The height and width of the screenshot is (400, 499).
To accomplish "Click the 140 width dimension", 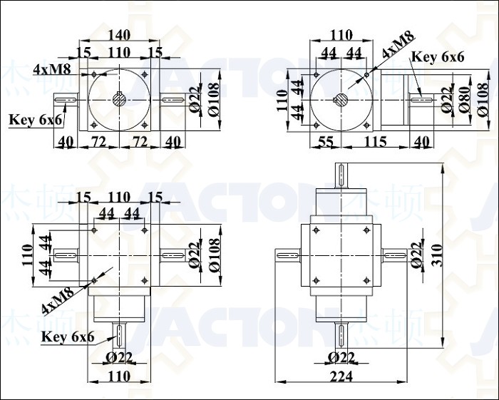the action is (x=119, y=35).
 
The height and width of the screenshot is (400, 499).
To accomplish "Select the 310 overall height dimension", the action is (x=438, y=255).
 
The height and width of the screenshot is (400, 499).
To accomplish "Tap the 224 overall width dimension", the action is (x=341, y=376).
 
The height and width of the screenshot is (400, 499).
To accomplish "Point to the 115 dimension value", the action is (x=376, y=142).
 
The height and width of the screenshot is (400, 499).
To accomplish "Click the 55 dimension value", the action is (x=325, y=142).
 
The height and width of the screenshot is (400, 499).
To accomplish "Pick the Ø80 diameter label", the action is (x=465, y=100).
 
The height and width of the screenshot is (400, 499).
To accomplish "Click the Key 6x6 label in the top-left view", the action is (x=36, y=120).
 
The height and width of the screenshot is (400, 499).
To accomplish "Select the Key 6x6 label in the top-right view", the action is (x=438, y=57).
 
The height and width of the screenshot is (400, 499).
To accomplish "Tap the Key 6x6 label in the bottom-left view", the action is (x=68, y=337).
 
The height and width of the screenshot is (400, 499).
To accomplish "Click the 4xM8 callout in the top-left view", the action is (x=52, y=69).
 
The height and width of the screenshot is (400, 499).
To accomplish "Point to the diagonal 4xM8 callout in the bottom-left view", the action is (x=58, y=299).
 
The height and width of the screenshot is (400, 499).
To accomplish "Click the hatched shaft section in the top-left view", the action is (x=119, y=101).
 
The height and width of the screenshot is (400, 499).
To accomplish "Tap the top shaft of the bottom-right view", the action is (x=341, y=175).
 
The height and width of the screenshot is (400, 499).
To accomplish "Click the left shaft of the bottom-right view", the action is (x=288, y=255).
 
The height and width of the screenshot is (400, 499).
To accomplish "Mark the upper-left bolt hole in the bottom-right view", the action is (x=316, y=230).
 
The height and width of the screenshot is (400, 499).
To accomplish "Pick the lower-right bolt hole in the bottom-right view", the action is (x=366, y=281).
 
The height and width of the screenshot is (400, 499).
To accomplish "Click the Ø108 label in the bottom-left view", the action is (x=215, y=255).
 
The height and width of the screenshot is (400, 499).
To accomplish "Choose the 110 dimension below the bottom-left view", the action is (x=119, y=376).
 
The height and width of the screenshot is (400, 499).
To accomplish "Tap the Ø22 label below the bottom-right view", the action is (x=341, y=358).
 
